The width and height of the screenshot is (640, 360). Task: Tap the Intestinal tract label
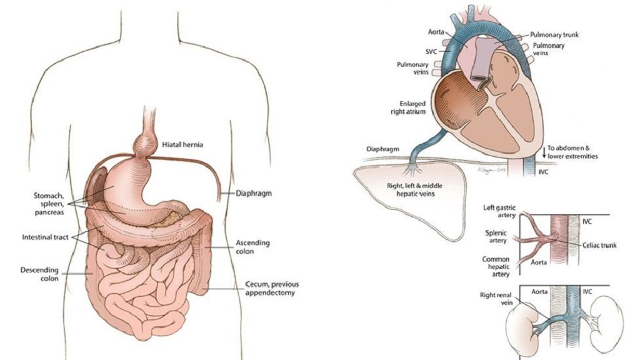[44, 237]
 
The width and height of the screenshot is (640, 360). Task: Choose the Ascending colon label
[253, 247]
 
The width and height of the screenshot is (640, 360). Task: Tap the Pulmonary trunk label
[554, 35]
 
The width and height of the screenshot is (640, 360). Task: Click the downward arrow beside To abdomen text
[543, 151]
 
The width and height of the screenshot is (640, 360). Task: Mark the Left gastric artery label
[497, 211]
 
